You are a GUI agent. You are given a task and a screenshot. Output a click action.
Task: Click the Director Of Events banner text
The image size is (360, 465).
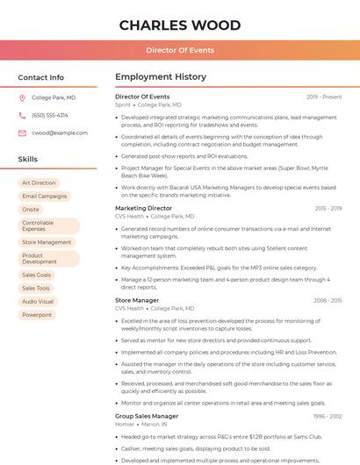coord(180,50)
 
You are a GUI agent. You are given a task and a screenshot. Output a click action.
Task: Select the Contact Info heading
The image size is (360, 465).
coord(41,77)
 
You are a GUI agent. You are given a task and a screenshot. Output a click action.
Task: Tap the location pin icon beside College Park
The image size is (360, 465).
coord(22,98)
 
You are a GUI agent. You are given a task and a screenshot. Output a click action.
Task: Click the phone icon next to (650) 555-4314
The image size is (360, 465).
coord(22,115)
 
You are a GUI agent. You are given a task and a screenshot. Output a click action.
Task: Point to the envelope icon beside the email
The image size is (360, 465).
coord(22,132)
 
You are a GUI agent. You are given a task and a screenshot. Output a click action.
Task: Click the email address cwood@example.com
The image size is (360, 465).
coord(60,132)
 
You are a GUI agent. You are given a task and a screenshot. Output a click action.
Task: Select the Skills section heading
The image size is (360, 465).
coord(28,160)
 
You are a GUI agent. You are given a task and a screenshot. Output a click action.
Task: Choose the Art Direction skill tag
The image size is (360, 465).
coord(39,183)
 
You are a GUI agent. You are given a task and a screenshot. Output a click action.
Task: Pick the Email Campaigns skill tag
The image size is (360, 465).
coord(45,197)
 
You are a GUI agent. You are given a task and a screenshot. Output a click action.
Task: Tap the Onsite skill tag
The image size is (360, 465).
coord(31,210)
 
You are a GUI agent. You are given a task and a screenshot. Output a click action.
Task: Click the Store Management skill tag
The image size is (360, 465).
coord(47,242)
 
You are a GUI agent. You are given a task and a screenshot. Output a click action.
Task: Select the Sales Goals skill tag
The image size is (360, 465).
coord(37,275)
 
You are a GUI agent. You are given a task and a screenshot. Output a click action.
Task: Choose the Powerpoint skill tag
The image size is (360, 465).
coord(37,314)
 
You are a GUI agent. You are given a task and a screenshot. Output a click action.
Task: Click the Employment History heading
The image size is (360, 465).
coord(161,77)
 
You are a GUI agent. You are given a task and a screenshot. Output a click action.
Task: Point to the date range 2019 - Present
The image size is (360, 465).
coord(324,97)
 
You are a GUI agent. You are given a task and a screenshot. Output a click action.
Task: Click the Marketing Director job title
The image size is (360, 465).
coord(144,208)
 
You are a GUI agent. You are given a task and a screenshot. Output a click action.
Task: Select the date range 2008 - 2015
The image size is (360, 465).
coord(328,300)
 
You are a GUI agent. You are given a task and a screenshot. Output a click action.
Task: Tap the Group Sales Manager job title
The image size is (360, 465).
coord(147,416)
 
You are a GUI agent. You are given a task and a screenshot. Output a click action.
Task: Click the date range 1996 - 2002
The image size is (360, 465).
coord(328,416)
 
